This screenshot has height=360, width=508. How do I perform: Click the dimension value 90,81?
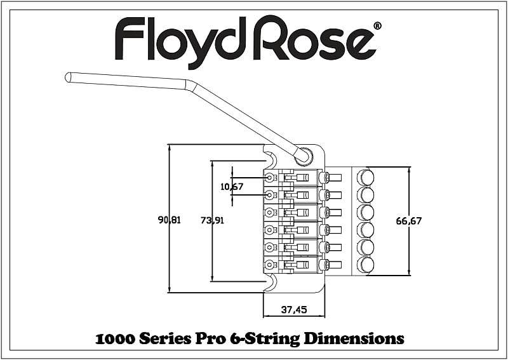click(x=169, y=220)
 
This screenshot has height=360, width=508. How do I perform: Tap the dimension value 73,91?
click(x=212, y=220)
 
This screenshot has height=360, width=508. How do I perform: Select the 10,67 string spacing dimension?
click(x=232, y=186)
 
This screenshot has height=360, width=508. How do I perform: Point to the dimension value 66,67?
click(x=409, y=221)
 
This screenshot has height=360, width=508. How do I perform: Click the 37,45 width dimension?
click(x=294, y=310)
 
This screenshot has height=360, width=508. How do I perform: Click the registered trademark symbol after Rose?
click(x=377, y=26)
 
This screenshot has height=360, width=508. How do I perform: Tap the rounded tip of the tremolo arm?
click(x=68, y=77)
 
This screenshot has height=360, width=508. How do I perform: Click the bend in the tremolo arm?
click(x=190, y=85)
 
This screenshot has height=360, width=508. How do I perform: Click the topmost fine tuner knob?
click(x=365, y=178)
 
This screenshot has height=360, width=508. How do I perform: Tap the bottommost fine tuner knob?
click(x=365, y=265)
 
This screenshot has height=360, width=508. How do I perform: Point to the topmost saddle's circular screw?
click(x=269, y=178)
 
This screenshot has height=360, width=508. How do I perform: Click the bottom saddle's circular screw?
click(x=269, y=265)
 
